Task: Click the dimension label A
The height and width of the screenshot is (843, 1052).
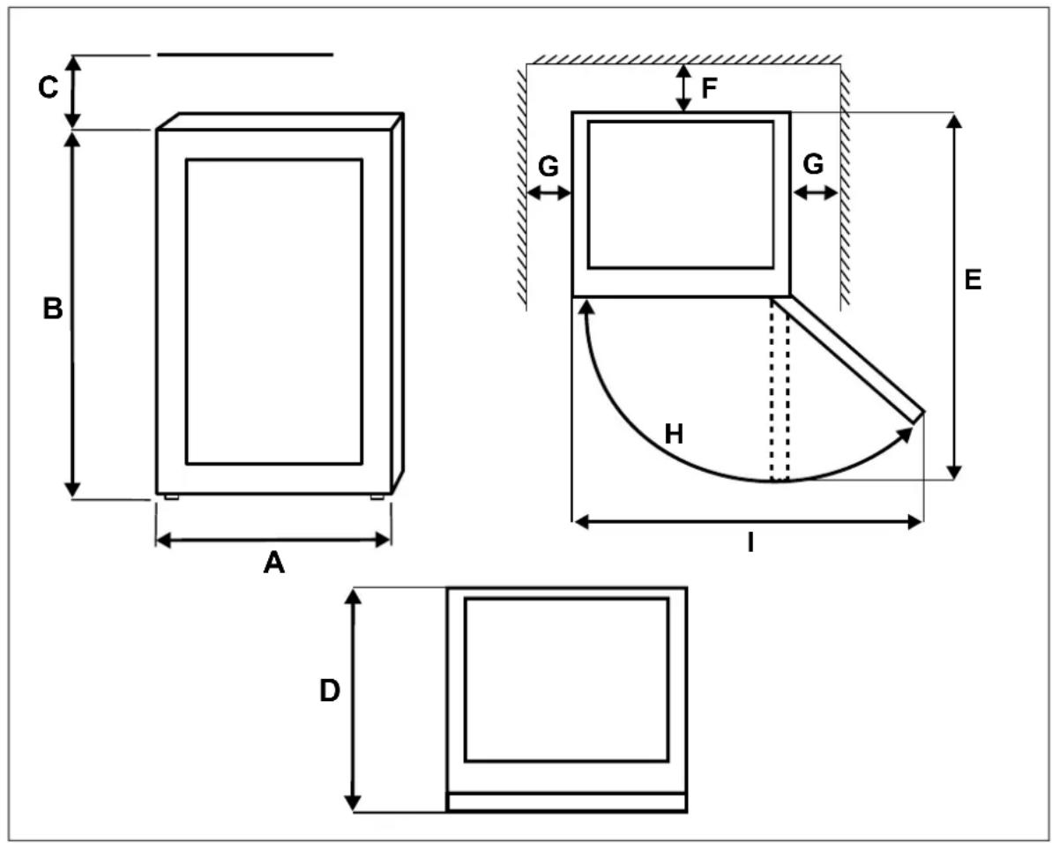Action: click(x=273, y=563)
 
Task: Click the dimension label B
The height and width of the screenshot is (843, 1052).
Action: click(x=53, y=309)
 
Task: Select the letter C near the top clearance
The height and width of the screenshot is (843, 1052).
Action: click(x=48, y=88)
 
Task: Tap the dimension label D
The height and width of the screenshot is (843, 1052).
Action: click(x=330, y=690)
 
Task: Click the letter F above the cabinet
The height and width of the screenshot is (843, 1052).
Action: click(x=709, y=88)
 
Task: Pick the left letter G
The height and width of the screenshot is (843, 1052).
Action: click(x=548, y=166)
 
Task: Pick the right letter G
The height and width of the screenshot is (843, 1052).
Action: click(x=813, y=164)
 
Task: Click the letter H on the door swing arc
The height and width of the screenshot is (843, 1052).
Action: click(x=674, y=435)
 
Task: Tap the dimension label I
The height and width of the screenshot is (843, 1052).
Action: click(x=750, y=542)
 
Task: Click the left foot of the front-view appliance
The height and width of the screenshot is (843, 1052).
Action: click(x=172, y=497)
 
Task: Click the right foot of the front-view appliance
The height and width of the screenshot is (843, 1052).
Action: click(x=377, y=497)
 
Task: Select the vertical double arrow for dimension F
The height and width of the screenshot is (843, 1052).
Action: click(x=683, y=88)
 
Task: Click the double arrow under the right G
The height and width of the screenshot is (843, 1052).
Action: click(x=815, y=194)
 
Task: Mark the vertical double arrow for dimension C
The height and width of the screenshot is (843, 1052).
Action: click(x=74, y=92)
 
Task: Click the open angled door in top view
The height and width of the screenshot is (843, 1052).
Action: click(x=849, y=360)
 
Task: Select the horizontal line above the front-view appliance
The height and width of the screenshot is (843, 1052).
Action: click(x=245, y=55)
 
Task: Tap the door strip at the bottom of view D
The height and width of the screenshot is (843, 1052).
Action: click(x=567, y=802)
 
